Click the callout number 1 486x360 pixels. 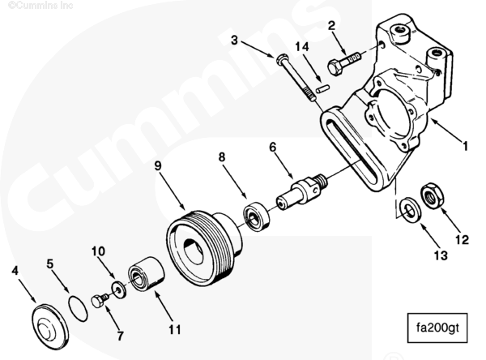(465, 147)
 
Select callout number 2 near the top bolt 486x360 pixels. (331, 26)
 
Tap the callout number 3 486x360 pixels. (234, 39)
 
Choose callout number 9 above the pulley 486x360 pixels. (158, 165)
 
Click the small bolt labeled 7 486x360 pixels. (100, 301)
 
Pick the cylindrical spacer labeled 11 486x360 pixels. (146, 272)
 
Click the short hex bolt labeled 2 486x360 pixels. (343, 61)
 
